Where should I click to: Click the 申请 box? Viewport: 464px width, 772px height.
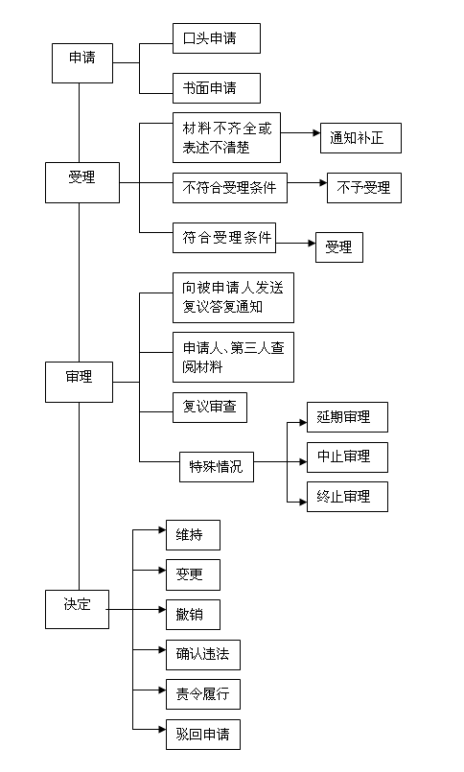(82, 63)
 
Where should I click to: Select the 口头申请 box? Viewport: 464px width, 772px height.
(217, 38)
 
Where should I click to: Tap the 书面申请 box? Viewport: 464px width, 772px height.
(217, 88)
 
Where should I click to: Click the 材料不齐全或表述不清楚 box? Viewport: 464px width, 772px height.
(226, 137)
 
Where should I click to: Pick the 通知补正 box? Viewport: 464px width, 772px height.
(360, 138)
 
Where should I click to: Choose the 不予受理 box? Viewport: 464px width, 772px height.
(364, 188)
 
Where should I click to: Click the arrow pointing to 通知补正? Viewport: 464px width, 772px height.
(301, 133)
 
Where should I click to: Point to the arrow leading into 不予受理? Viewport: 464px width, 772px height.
(307, 182)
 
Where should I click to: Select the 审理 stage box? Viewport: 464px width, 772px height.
(79, 382)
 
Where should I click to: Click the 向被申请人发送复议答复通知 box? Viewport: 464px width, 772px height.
(233, 297)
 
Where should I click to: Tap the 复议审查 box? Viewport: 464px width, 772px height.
(210, 408)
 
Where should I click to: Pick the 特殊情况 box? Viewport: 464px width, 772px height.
(217, 467)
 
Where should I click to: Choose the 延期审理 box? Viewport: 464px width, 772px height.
(347, 417)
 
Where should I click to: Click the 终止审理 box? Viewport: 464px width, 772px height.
(347, 497)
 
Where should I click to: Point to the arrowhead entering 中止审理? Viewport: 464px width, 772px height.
(304, 462)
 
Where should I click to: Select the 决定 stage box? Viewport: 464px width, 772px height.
(77, 609)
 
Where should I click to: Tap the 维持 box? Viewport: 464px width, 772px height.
(193, 535)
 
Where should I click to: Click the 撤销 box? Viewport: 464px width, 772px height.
(193, 615)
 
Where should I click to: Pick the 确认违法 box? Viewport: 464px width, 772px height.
(203, 655)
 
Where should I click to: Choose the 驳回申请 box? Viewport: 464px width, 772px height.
(203, 735)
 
